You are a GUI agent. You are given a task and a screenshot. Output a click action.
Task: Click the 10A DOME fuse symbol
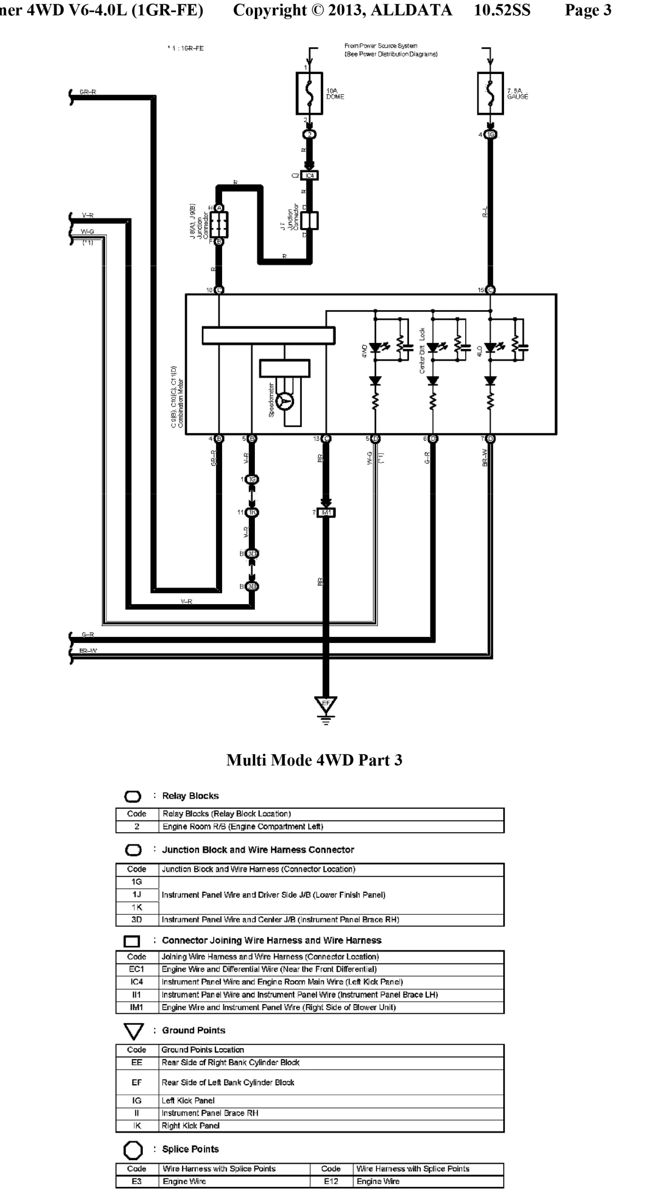point(309,93)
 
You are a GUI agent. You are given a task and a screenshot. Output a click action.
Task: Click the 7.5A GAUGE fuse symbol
point(490,93)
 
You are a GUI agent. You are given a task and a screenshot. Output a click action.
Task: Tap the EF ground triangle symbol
point(326,703)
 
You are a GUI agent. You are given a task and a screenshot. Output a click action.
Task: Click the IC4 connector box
point(309,176)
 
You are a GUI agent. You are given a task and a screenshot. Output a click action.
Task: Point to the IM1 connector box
point(326,513)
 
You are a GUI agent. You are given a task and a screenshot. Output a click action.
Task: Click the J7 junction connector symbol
point(309,220)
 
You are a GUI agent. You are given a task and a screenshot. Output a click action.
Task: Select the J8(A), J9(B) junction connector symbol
point(219,224)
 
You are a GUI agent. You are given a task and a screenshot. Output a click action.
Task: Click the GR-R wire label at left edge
point(88,92)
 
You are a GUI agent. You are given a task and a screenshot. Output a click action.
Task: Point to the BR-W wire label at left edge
point(89,651)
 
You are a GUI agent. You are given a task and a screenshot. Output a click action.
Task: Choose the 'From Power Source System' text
point(380,46)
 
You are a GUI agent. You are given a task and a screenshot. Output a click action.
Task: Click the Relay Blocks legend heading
point(190,796)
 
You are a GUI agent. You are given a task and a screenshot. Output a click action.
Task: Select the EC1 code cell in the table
point(136,969)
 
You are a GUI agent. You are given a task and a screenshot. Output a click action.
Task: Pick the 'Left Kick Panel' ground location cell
point(188,1100)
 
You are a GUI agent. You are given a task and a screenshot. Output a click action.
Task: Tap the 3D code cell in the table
point(136,919)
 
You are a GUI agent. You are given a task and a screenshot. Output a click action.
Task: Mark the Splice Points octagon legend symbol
point(133,1149)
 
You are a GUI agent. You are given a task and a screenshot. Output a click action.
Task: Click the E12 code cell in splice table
point(331,1181)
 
